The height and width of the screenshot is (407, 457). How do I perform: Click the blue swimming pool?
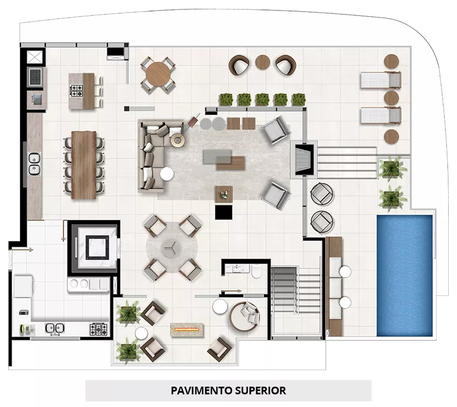(x=405, y=276)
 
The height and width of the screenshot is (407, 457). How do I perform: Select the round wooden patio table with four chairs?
(x=157, y=74)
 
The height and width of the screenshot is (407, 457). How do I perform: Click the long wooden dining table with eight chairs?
(x=84, y=165)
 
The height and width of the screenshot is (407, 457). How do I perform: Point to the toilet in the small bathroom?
(x=257, y=271)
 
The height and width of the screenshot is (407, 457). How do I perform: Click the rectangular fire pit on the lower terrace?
(x=187, y=330)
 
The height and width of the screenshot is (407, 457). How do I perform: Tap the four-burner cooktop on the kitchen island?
(x=77, y=90)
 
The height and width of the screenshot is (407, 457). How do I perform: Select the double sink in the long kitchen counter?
(x=34, y=164)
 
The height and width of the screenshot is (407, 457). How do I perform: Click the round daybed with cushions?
(x=244, y=317)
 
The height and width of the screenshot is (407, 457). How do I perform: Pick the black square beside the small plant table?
(x=224, y=212)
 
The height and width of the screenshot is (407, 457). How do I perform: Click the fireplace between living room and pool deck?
(x=304, y=159)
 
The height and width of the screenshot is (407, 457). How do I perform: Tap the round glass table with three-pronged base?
(x=172, y=248)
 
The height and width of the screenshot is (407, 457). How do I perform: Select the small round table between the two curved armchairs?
(x=262, y=62)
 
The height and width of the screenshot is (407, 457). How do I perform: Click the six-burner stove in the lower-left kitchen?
(x=99, y=329)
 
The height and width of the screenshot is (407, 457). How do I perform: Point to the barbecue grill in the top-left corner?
(x=36, y=76)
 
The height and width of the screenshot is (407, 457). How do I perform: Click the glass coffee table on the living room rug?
(x=217, y=156)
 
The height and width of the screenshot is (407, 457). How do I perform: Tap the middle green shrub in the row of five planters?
(x=262, y=100)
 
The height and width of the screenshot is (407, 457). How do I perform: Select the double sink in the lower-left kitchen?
(x=55, y=329)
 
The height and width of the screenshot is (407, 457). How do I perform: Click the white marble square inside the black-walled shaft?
(x=97, y=247)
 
